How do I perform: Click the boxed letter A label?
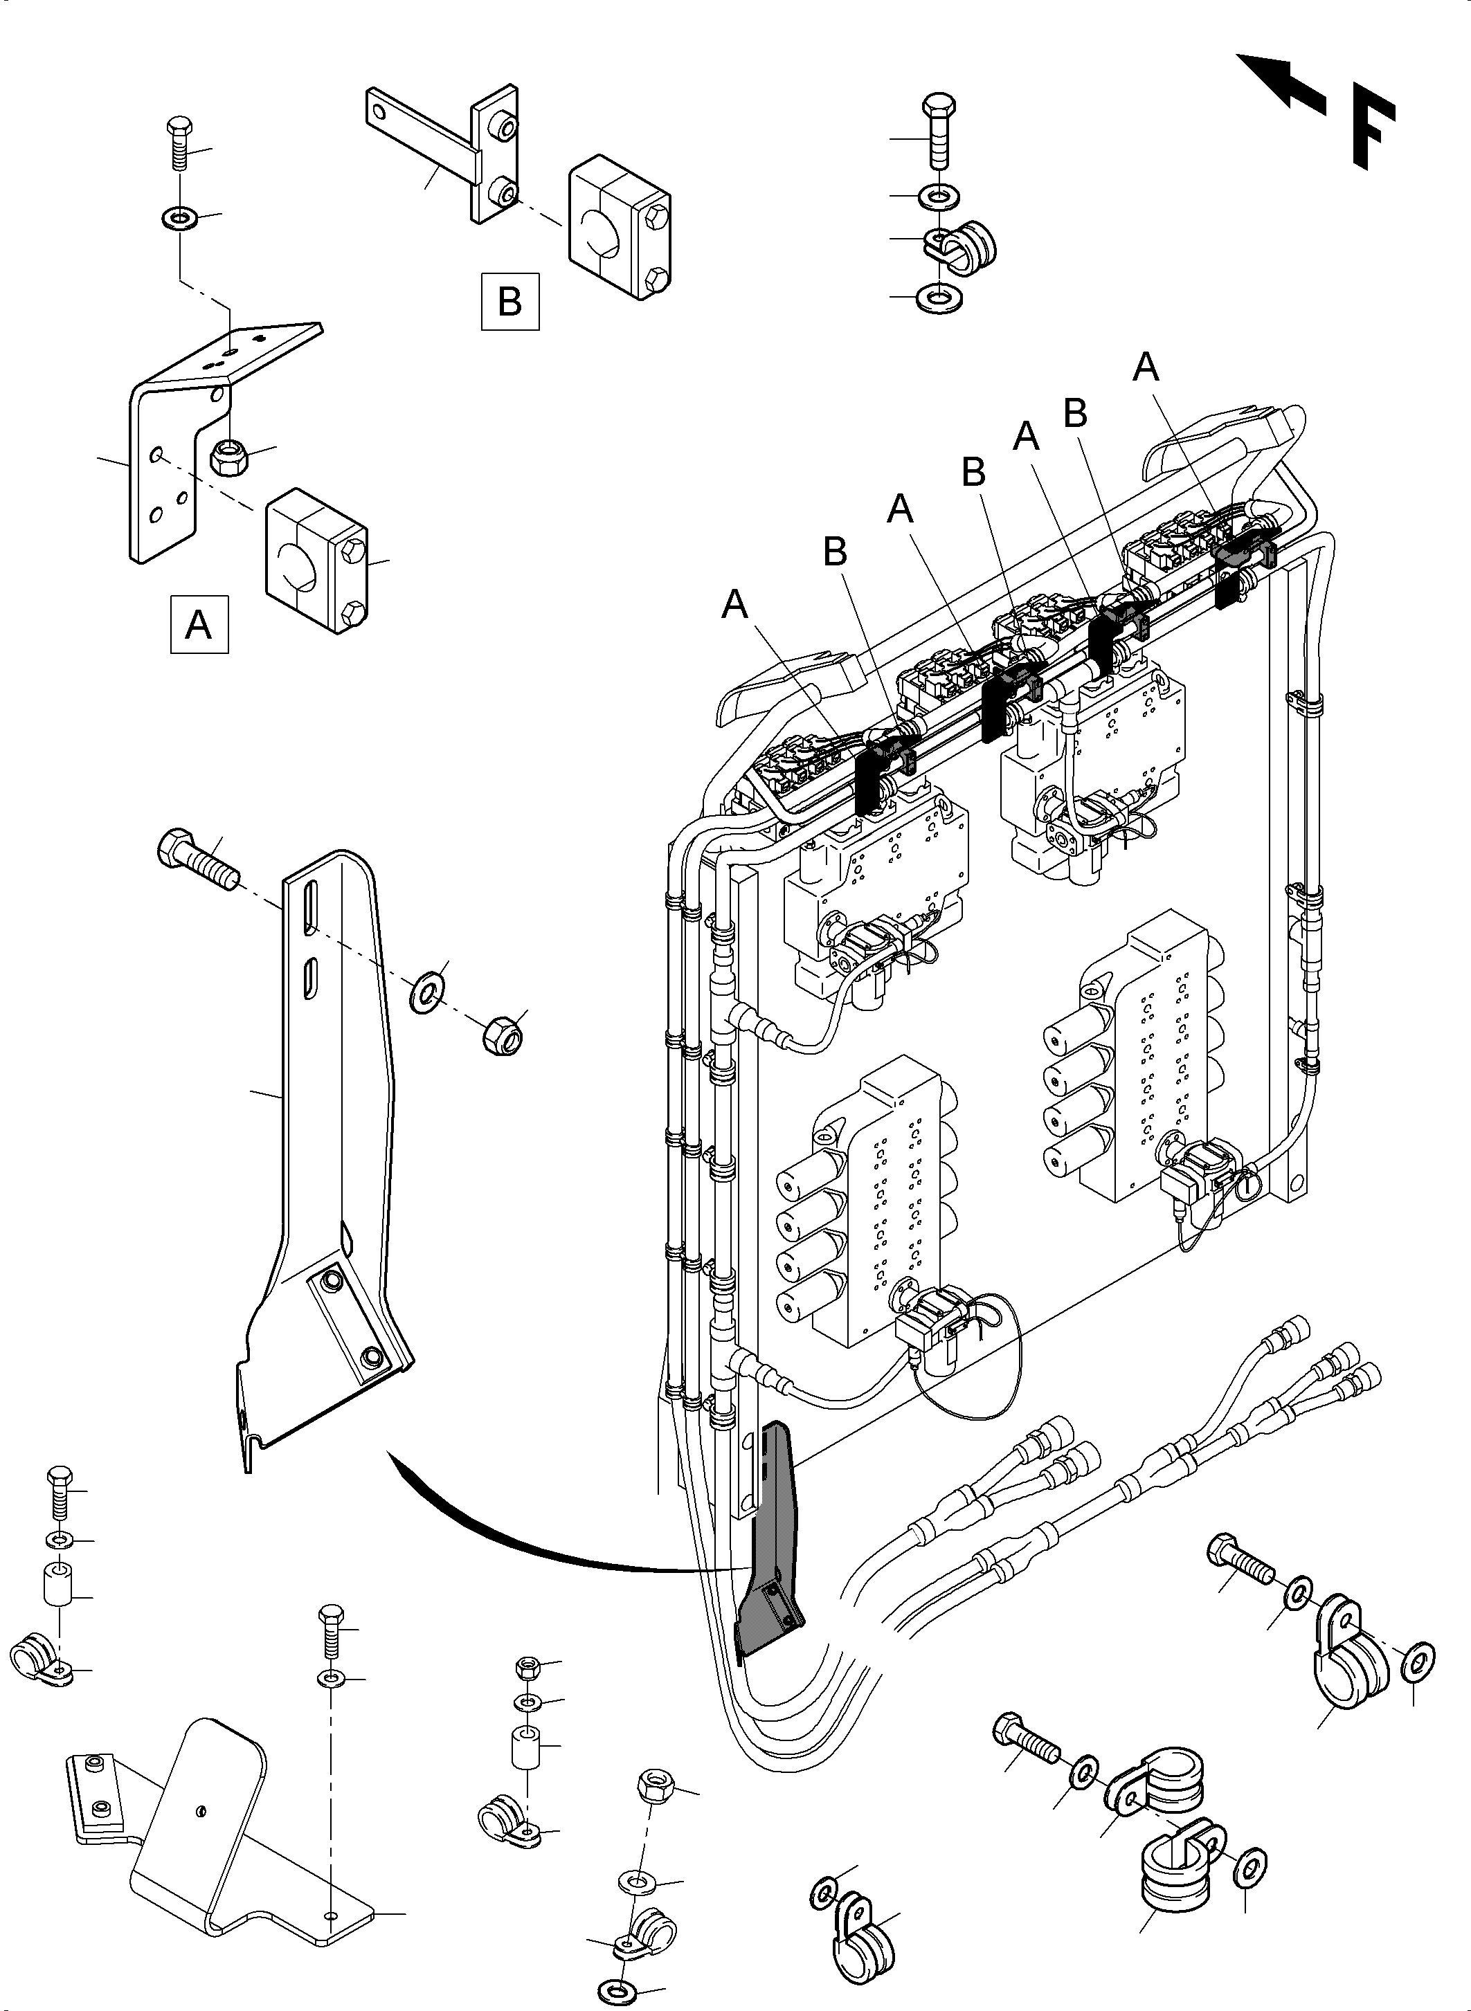click(x=199, y=624)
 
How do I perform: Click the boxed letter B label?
click(x=509, y=301)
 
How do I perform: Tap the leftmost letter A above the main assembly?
click(x=734, y=606)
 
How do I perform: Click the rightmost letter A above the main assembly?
click(x=1145, y=367)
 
